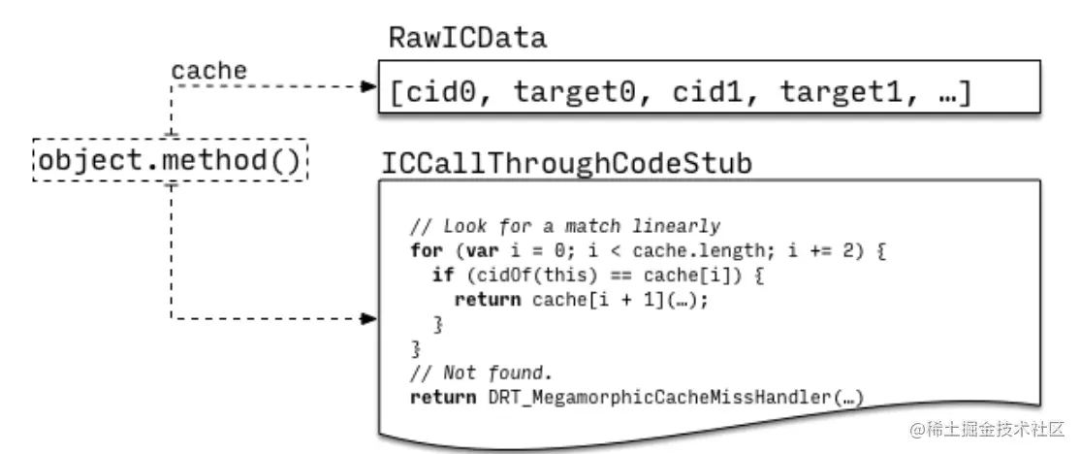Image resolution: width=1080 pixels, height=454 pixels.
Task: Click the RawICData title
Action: point(467,38)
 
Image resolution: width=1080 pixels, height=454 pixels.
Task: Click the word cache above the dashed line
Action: point(208,71)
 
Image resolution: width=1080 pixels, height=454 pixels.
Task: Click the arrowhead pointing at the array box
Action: point(368,86)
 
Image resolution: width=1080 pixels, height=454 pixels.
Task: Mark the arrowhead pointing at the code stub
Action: point(368,318)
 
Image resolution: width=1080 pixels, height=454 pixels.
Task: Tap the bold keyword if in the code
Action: point(442,276)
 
